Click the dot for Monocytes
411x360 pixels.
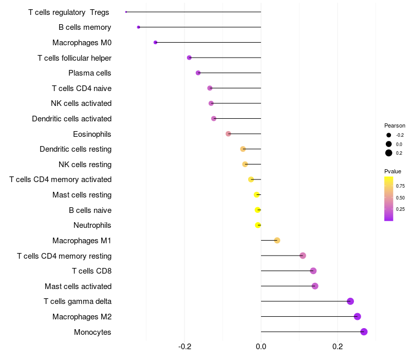coord(364,332)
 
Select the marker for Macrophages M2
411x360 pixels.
coord(358,317)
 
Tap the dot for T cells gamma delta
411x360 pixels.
coord(350,301)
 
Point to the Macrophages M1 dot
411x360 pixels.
coord(277,240)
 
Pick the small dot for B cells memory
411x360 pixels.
coord(138,27)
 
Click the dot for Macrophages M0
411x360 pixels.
coord(155,42)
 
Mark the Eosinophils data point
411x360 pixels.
coord(229,134)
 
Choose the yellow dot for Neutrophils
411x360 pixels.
coord(258,225)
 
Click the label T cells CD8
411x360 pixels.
coord(91,271)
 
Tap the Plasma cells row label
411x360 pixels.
coord(90,73)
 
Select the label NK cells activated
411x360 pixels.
coord(81,103)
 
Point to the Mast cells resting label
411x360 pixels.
coord(82,195)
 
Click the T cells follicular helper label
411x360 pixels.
coord(74,58)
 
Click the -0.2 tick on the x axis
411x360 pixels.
coord(185,346)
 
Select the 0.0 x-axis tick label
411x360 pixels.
coord(261,346)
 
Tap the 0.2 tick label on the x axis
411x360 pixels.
coord(338,346)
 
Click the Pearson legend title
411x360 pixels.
coord(395,125)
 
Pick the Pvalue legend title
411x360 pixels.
coord(393,171)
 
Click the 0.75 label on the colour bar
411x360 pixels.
coord(400,186)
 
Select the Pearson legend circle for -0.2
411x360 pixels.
coord(389,135)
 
